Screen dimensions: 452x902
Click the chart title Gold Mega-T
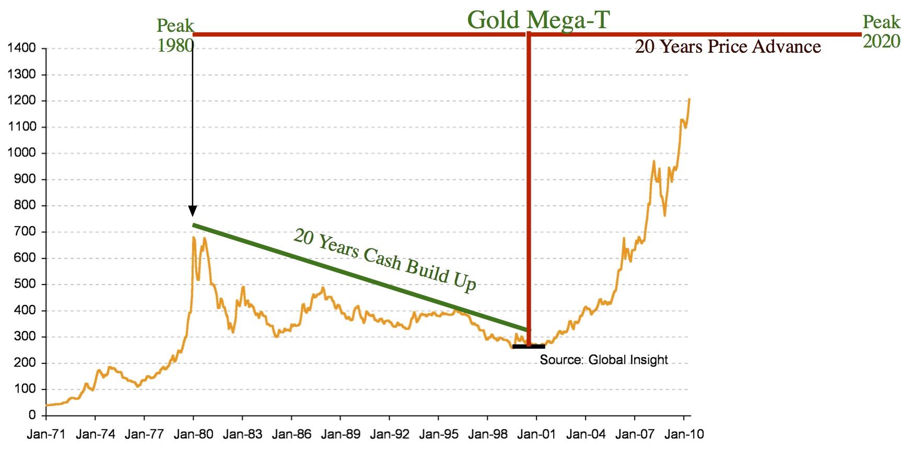click(x=538, y=20)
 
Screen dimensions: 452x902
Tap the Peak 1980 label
click(x=175, y=35)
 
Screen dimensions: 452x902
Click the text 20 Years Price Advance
click(x=728, y=47)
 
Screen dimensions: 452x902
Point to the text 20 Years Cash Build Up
click(x=385, y=259)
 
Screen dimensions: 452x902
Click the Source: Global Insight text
click(x=603, y=360)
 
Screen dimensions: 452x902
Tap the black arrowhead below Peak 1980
click(x=193, y=211)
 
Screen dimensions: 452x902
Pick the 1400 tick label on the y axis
click(x=22, y=48)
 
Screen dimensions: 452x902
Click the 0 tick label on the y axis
click(x=32, y=415)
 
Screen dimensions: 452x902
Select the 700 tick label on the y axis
click(x=25, y=231)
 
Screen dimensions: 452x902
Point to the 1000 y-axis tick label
click(x=22, y=153)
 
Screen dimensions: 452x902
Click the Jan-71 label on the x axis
click(x=46, y=434)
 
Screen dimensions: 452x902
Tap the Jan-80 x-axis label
click(x=193, y=434)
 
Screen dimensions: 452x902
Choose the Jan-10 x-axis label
click(x=684, y=434)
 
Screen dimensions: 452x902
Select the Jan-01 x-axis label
click(x=536, y=434)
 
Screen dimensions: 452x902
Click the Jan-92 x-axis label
click(x=389, y=434)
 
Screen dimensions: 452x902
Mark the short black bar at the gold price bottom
click(x=529, y=346)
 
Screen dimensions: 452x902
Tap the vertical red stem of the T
click(x=529, y=183)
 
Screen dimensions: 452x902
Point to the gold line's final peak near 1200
click(x=689, y=99)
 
